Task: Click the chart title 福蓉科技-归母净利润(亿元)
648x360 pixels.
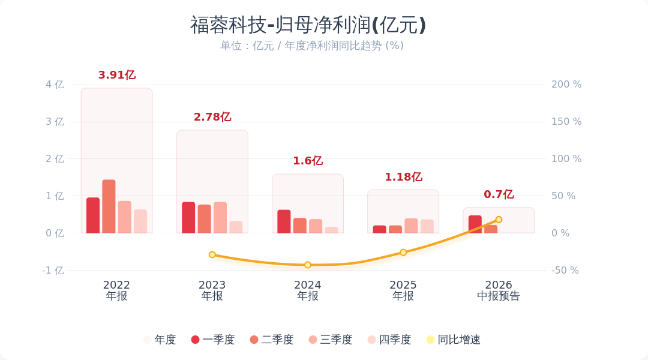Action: coord(308,25)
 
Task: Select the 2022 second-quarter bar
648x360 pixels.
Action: coord(109,206)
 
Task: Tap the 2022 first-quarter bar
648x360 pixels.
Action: coord(93,215)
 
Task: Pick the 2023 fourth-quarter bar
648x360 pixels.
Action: coord(236,227)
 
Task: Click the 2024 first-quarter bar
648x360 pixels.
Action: coord(284,221)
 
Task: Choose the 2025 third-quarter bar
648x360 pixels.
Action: coord(411,226)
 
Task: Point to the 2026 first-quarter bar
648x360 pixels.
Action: coord(475,224)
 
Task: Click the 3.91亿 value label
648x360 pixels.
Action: coord(117,75)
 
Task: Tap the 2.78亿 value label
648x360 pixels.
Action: coord(212,117)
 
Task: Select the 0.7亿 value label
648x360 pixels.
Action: coord(499,194)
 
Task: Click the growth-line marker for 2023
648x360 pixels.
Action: coord(212,254)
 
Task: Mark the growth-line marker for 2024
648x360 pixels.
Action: coord(308,265)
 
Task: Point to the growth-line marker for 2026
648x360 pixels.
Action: coord(499,220)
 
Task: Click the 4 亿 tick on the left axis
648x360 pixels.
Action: coord(55,85)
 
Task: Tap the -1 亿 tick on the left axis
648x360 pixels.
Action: coord(53,271)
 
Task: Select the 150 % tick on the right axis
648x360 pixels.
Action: coord(566,122)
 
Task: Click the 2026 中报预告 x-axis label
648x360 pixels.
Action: coord(499,290)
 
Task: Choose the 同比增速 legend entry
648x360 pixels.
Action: coord(454,340)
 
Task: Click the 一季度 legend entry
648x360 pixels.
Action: coord(213,340)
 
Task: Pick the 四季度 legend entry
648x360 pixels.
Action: coord(389,340)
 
